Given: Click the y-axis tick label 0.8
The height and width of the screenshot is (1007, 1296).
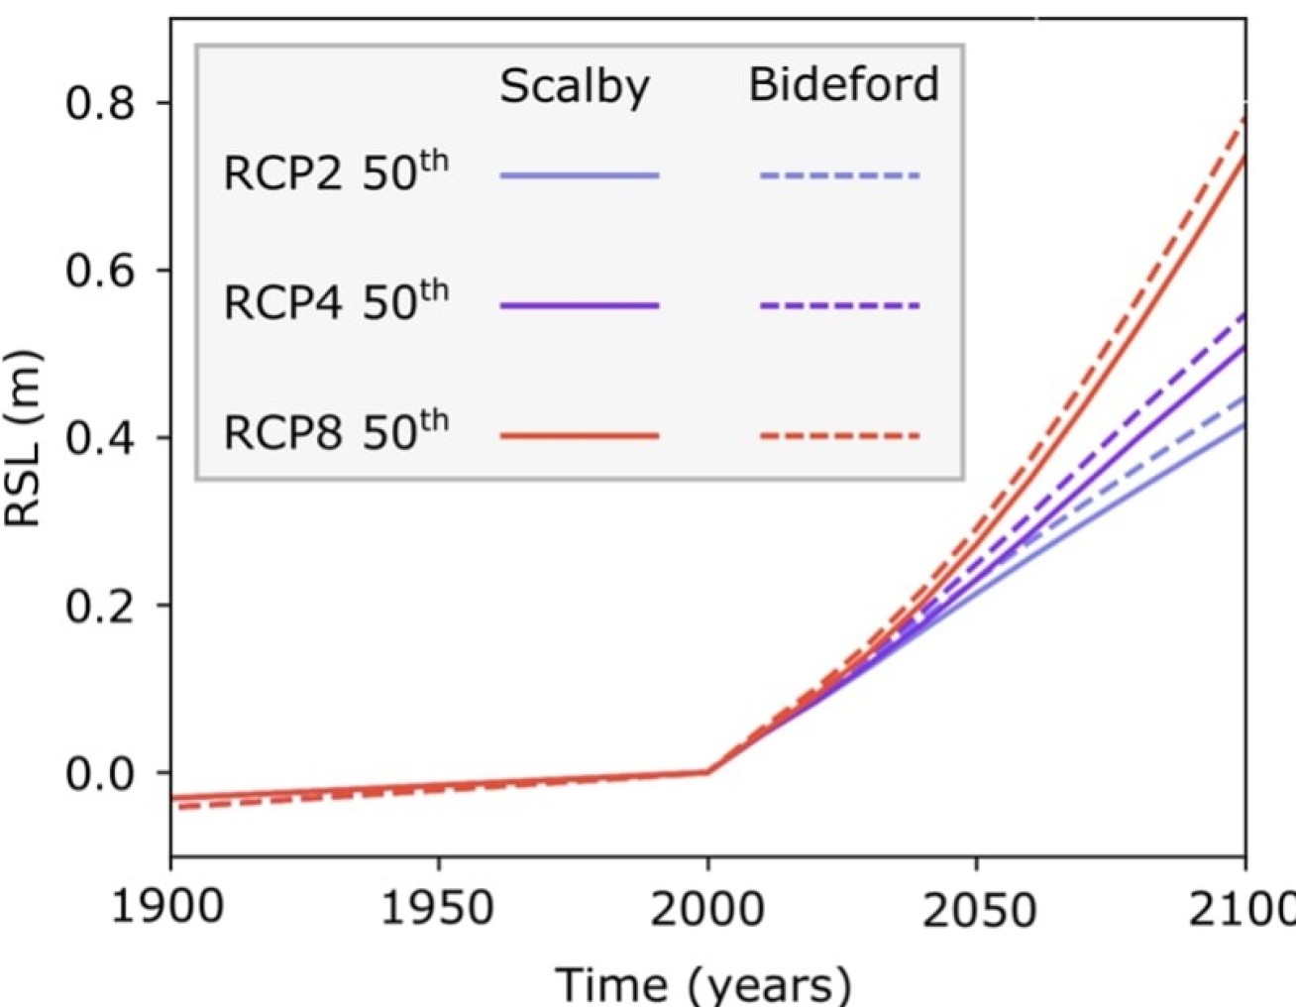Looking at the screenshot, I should pos(100,102).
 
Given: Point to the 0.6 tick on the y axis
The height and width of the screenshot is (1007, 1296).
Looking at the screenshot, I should pos(100,270).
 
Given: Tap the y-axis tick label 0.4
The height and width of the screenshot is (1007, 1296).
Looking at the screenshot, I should pos(100,437).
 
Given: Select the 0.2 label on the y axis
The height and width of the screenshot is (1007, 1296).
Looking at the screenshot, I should pos(100,605).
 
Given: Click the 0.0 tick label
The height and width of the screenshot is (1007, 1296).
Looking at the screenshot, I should pos(100,772).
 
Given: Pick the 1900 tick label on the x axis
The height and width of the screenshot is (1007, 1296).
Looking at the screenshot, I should pos(168,907).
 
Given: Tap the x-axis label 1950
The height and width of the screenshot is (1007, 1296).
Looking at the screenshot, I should pos(438,907).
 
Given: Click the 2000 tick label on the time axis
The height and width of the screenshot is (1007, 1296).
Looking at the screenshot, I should pos(706,907).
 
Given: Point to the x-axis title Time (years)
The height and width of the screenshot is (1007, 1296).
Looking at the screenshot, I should pos(702,983).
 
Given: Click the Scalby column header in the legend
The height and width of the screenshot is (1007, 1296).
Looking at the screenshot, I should pos(575,87).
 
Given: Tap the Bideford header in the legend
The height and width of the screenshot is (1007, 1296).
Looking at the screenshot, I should pos(843,84).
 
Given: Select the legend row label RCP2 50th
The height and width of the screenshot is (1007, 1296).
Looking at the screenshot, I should pos(336,172).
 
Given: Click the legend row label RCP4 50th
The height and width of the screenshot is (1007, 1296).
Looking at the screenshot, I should pos(336,302).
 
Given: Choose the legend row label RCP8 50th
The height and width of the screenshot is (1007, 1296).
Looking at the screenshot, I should pos(336,432).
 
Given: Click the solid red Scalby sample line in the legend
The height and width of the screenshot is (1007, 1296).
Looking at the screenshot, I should pos(580,435).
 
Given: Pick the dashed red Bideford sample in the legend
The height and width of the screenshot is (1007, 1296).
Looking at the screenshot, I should pos(840,435).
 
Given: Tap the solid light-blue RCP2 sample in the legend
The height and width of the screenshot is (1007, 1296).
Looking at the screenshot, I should pos(580,175).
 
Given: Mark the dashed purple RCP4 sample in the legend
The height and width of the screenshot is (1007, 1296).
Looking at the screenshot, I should pos(840,305).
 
